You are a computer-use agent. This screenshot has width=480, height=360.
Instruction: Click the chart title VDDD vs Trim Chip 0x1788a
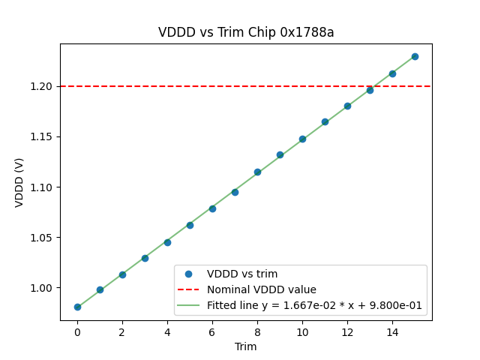click(x=246, y=32)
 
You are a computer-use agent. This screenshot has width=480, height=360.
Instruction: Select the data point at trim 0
click(x=77, y=307)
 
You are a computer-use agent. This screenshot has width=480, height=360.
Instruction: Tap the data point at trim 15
click(x=415, y=56)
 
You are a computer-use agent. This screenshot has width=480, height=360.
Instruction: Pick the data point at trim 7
click(x=235, y=192)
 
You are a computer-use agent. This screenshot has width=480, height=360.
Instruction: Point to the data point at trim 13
click(x=370, y=90)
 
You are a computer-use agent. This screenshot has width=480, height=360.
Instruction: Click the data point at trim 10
click(x=302, y=139)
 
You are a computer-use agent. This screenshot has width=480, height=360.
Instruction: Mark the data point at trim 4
click(x=167, y=242)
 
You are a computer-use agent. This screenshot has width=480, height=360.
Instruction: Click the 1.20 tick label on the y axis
click(x=43, y=86)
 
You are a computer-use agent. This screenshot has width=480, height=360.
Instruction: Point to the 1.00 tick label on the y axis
click(x=43, y=288)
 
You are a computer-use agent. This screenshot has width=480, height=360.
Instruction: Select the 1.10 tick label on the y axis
click(x=43, y=187)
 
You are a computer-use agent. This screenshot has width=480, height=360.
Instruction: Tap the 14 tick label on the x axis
click(x=392, y=331)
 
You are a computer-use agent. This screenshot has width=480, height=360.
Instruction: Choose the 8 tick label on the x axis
click(x=257, y=331)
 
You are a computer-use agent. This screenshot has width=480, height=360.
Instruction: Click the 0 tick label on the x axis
click(x=77, y=331)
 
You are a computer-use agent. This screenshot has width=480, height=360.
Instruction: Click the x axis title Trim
click(x=246, y=346)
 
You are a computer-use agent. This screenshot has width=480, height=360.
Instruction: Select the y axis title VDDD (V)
click(x=19, y=182)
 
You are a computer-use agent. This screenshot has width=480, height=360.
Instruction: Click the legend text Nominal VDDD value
click(x=262, y=289)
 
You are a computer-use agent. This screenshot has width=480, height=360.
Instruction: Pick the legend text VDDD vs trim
click(x=242, y=274)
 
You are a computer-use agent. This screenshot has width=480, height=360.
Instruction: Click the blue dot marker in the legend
click(x=190, y=274)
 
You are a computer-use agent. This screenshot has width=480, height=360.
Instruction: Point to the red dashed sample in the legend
click(x=190, y=289)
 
